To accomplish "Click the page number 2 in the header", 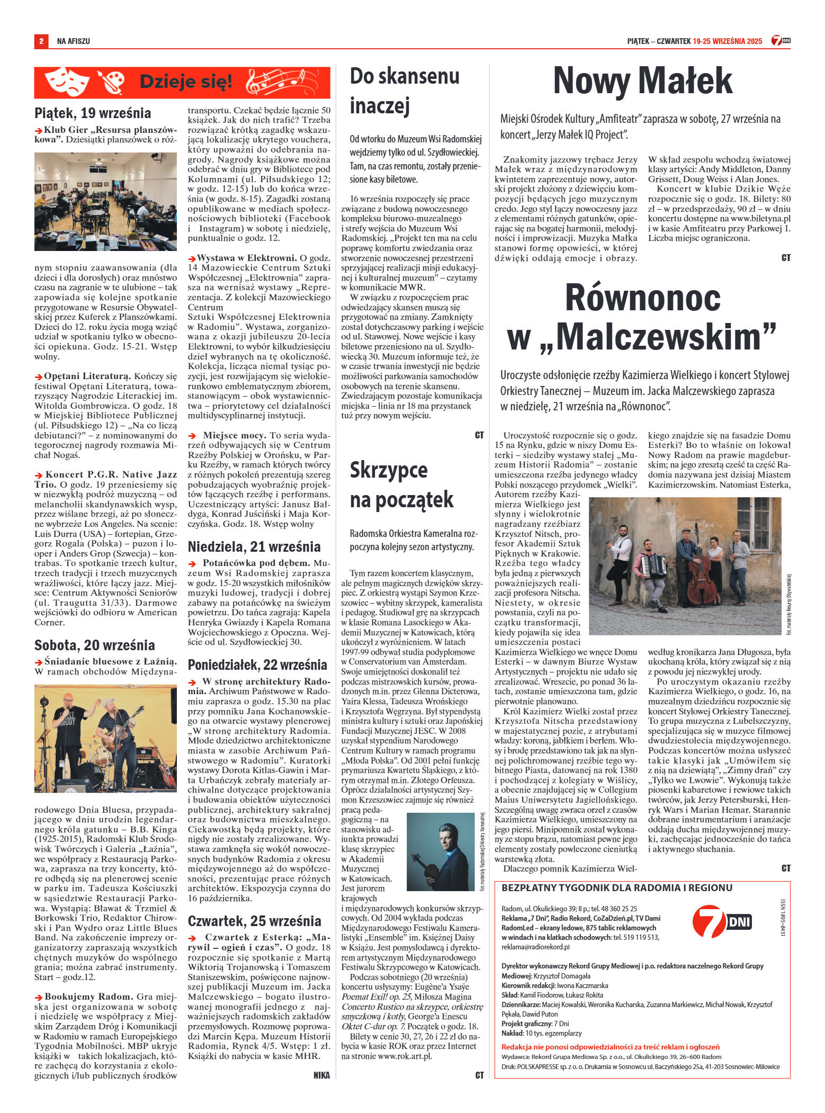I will click(41, 41).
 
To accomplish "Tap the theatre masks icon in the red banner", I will click(66, 82).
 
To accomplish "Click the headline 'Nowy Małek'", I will click(642, 81).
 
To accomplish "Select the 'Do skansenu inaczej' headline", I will click(405, 91).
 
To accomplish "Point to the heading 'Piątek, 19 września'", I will click(93, 113).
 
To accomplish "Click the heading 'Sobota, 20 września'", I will click(95, 645).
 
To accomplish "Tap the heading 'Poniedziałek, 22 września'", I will click(257, 665).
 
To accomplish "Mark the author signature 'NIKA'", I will click(321, 1075).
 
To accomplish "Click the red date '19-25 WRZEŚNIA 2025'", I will click(727, 41).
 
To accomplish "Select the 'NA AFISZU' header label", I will click(74, 41).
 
